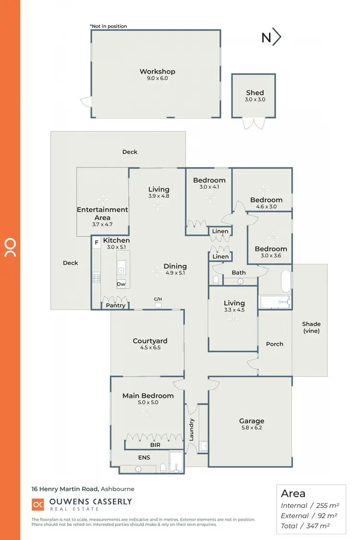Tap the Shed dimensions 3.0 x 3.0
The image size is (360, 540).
[255, 100]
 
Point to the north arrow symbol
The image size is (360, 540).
[271, 37]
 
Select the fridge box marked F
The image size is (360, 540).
[96, 243]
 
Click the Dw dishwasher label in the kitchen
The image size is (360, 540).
[121, 284]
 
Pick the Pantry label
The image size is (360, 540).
[116, 305]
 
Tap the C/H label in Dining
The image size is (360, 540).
[158, 299]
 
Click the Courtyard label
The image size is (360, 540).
[150, 341]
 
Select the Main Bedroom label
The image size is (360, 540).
[148, 396]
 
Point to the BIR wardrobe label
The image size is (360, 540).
[155, 445]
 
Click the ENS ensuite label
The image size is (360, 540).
[144, 457]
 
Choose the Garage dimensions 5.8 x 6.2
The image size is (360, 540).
[252, 428]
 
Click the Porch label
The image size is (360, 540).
[275, 344]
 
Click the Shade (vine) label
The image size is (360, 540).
[312, 327]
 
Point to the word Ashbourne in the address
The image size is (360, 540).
[118, 489]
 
